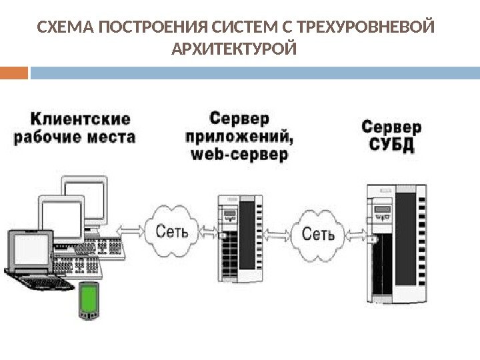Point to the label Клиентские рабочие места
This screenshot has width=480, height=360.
click(x=75, y=128)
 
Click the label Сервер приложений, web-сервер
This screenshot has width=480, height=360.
click(x=240, y=137)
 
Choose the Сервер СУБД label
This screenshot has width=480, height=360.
click(x=391, y=135)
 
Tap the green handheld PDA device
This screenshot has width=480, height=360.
click(x=89, y=300)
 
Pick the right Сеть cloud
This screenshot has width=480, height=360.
click(x=318, y=233)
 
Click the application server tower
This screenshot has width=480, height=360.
click(x=240, y=239)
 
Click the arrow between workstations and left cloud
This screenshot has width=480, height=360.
click(x=133, y=230)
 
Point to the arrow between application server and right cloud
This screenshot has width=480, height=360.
click(x=277, y=233)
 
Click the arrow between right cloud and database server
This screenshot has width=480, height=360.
click(x=357, y=235)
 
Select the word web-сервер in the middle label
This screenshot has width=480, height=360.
click(x=240, y=155)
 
